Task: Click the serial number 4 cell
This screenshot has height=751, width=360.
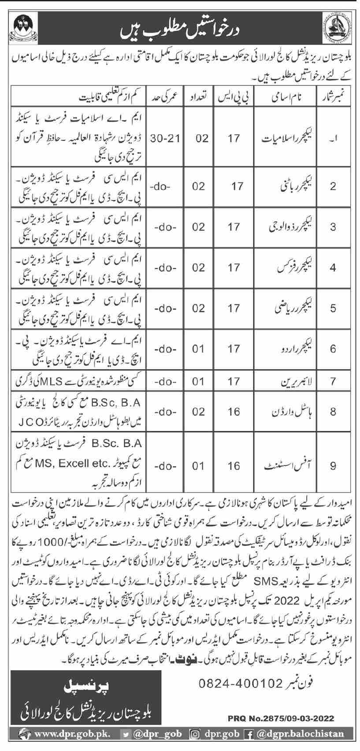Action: (x=333, y=268)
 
